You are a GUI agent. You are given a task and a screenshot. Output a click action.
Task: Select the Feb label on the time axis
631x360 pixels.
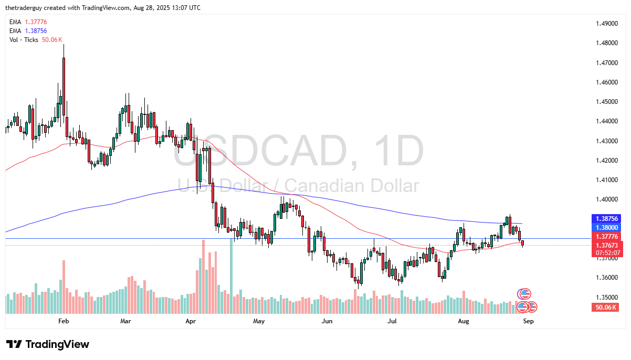point(64,320)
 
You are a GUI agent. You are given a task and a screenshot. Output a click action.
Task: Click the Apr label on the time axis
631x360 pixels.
point(191,320)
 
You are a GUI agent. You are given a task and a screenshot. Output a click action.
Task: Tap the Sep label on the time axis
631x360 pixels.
point(528,320)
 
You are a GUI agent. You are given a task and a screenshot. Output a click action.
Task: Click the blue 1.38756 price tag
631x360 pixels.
point(607,218)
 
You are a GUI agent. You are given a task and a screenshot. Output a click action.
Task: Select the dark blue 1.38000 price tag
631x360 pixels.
point(607,228)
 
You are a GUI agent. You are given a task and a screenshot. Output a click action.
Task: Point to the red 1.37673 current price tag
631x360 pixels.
point(607,245)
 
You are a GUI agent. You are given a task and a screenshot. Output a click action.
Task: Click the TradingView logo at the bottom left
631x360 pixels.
point(48,345)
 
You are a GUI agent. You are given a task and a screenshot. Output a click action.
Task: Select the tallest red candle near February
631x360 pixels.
point(64,87)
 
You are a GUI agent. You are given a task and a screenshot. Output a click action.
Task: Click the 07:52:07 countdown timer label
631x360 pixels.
point(607,252)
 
